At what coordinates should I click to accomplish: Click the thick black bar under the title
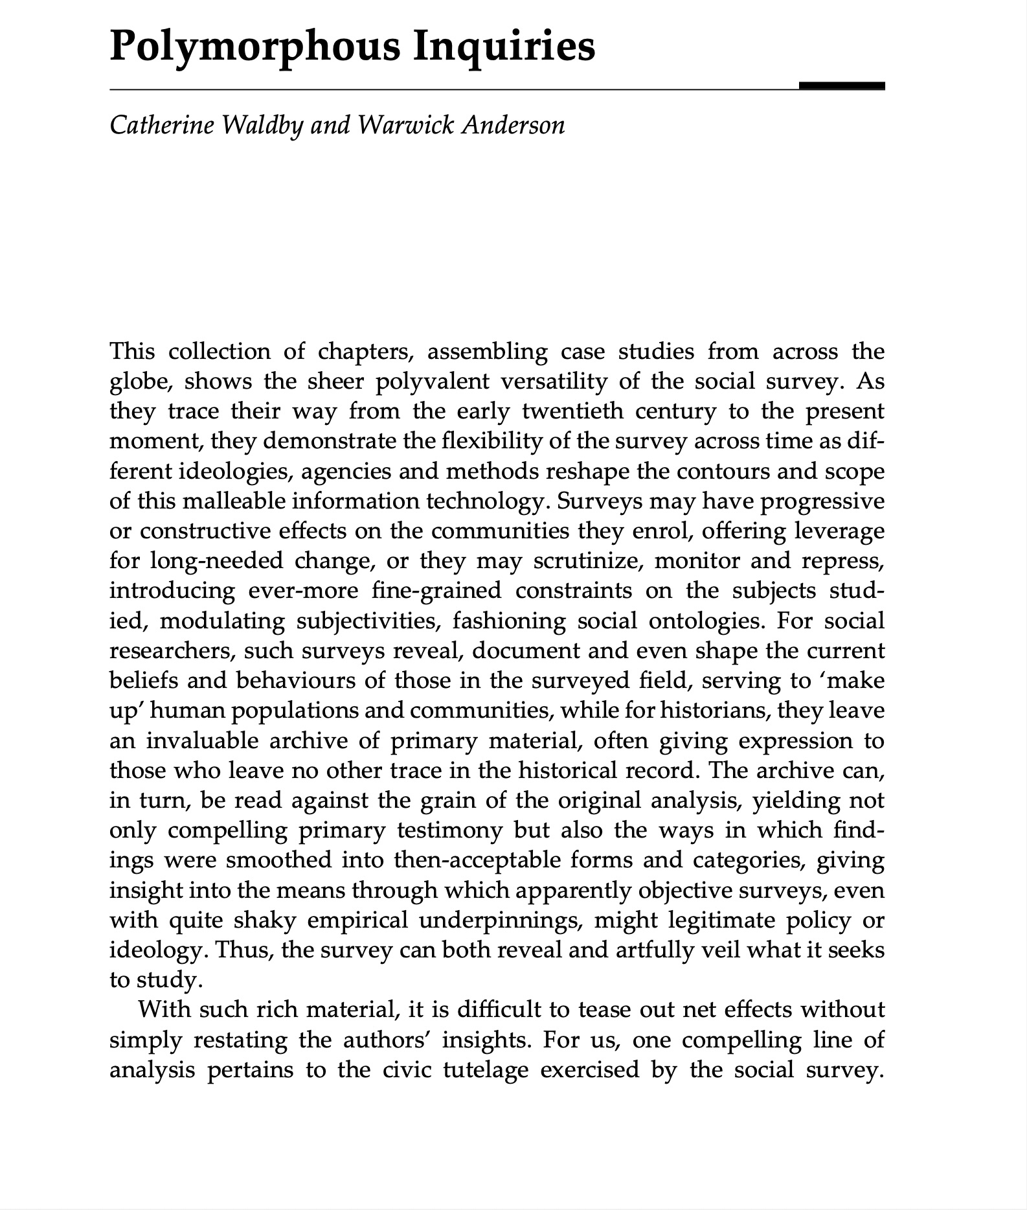[x=842, y=86]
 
